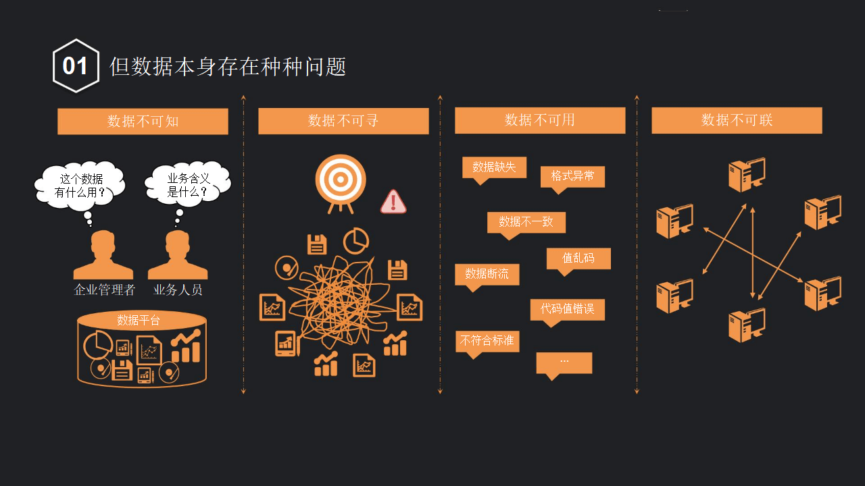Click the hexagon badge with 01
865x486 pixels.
[76, 66]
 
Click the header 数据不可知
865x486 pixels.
[143, 122]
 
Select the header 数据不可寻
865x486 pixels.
[343, 121]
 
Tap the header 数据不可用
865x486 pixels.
[540, 120]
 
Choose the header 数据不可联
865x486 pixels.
[737, 120]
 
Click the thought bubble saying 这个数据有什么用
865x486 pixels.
[80, 185]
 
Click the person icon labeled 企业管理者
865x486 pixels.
[103, 256]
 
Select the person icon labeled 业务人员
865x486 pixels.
[178, 256]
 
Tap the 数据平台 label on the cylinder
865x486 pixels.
[139, 320]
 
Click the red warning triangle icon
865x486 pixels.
[393, 201]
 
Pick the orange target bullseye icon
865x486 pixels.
[341, 180]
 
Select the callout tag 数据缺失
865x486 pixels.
[494, 167]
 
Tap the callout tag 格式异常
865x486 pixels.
[572, 176]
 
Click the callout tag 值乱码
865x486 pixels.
[578, 258]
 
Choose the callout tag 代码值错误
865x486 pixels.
[567, 309]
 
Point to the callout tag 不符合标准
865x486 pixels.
[487, 341]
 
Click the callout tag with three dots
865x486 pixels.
[564, 362]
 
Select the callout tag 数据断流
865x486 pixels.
[487, 274]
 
